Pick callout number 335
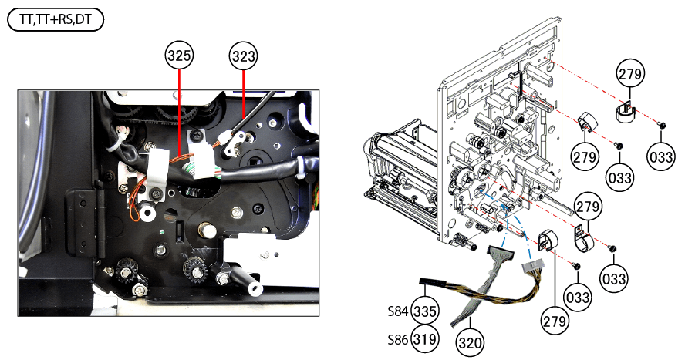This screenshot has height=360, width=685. tap(425, 312)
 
